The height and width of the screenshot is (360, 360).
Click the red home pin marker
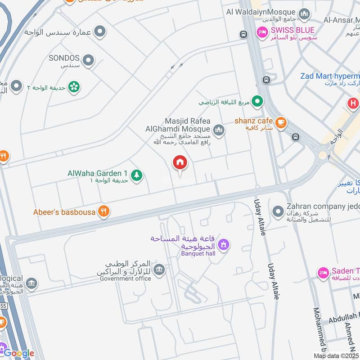180,163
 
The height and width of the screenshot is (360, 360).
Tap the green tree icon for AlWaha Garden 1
137,175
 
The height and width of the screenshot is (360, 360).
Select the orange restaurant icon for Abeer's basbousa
104,211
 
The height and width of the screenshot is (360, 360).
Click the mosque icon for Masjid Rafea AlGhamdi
219,130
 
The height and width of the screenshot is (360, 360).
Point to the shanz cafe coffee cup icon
281,122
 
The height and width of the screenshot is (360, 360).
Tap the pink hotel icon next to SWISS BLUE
261,32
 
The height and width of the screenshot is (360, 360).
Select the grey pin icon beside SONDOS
89,60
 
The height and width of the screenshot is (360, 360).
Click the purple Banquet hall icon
223,245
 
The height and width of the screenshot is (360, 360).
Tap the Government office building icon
159,270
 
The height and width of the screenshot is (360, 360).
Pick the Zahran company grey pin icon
278,210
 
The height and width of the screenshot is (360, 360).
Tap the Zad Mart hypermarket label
330,76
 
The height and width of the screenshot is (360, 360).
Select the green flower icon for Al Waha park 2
74,86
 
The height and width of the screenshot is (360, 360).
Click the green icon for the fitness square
257,102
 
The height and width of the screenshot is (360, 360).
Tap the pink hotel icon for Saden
323,272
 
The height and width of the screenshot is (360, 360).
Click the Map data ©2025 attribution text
336,356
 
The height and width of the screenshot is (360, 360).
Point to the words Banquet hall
198,253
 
